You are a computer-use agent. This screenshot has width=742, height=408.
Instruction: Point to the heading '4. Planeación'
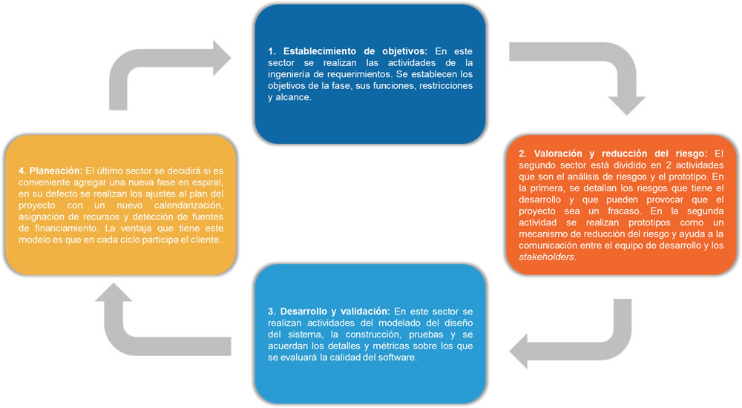tap(50, 171)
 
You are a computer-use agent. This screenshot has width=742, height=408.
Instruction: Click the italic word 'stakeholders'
tap(547, 257)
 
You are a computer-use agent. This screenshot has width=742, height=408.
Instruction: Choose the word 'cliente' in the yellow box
tap(205, 240)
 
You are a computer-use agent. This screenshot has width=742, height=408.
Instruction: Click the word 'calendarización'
tap(188, 205)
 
